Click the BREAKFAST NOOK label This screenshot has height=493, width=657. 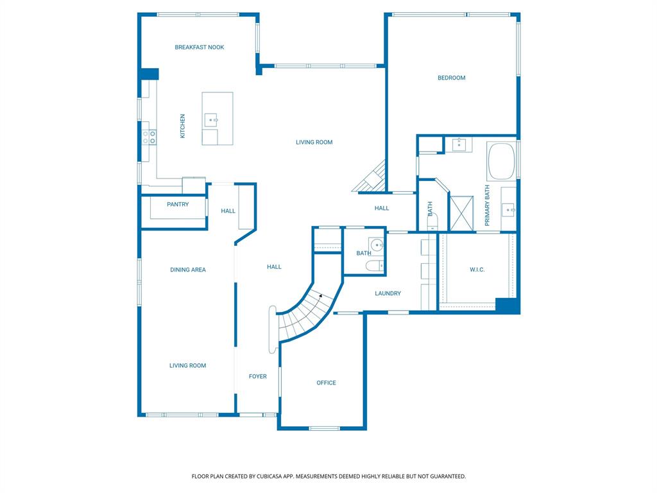[x=200, y=48]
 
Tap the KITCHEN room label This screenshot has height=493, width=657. [x=182, y=126]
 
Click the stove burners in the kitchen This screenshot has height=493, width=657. [x=149, y=137]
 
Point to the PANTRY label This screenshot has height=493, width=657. [x=178, y=205]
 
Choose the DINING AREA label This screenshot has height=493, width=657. [x=188, y=270]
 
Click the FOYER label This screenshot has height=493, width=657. [x=258, y=376]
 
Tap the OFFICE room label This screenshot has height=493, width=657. [x=327, y=383]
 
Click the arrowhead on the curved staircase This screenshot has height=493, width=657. [x=320, y=296]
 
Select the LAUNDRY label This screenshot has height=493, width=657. [x=388, y=293]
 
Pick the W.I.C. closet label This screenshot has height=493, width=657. [x=477, y=270]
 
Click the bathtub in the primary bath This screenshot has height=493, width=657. [x=501, y=161]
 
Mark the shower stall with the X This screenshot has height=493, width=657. [x=462, y=213]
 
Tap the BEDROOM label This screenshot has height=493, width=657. [x=451, y=78]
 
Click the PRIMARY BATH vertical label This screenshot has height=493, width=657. [x=487, y=205]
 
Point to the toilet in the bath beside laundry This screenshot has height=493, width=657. [x=375, y=265]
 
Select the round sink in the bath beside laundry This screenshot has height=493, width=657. [x=377, y=245]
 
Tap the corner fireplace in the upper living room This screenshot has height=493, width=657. [x=370, y=177]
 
